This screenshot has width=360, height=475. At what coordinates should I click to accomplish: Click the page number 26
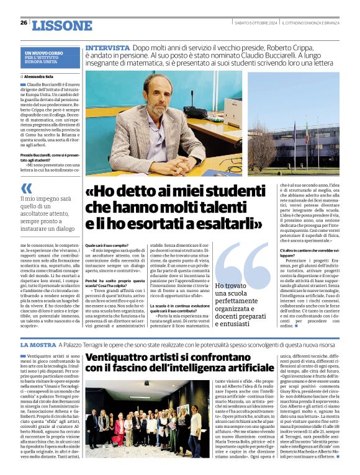24,23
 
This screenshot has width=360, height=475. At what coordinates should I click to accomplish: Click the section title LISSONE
61,25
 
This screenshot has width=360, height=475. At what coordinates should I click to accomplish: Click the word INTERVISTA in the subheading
107,48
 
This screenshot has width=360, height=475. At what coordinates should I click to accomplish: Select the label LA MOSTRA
39,344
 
